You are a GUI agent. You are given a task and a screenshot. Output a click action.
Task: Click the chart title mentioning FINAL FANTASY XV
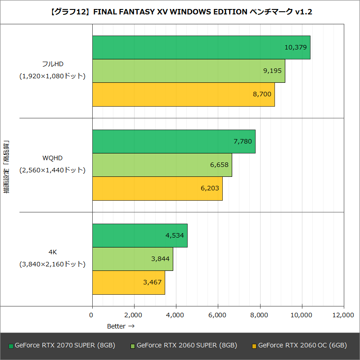click(x=180, y=12)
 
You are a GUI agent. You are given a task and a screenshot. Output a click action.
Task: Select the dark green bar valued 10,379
click(x=201, y=48)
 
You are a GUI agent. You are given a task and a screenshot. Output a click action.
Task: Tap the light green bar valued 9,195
click(x=188, y=71)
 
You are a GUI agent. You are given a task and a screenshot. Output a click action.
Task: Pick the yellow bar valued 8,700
click(x=183, y=94)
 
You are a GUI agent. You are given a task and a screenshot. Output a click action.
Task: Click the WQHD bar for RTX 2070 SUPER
click(x=173, y=142)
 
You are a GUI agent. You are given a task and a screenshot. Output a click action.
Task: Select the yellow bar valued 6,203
click(x=157, y=188)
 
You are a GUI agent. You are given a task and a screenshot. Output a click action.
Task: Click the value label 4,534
click(x=175, y=235)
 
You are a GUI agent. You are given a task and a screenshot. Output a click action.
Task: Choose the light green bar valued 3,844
click(x=132, y=259)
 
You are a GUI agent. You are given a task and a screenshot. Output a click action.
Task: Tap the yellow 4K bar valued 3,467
click(x=128, y=282)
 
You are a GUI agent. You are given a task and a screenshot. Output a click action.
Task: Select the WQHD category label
click(x=52, y=158)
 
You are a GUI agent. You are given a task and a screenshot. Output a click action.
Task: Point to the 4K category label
click(x=52, y=252)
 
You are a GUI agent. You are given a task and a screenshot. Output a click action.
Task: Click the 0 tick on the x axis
click(x=92, y=315)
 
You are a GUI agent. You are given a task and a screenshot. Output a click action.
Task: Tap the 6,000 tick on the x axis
click(x=218, y=315)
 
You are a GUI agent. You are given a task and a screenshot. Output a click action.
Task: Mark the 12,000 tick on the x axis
click(x=343, y=315)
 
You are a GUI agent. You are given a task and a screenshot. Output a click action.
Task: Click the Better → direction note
click(x=121, y=326)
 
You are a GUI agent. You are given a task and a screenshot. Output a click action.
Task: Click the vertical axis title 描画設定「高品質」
click(x=6, y=167)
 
